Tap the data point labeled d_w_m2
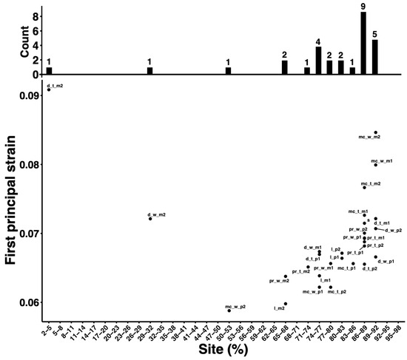(150, 218)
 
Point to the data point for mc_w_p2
(229, 310)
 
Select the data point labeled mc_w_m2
(375, 132)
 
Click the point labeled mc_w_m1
(375, 164)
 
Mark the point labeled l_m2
(286, 304)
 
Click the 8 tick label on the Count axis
(34, 13)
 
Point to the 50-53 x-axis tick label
(227, 330)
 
